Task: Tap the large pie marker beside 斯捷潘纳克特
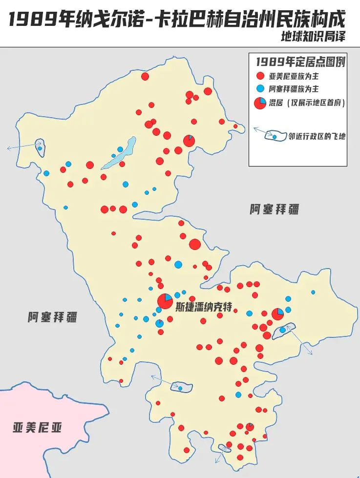point(165,301)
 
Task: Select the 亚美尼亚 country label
point(38,428)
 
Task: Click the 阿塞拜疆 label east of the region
point(274,210)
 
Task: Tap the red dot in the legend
point(260,76)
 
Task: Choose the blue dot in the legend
point(260,89)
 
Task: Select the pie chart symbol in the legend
point(260,103)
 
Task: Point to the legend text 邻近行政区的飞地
point(317,137)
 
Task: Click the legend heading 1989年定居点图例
point(300,62)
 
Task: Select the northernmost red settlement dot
point(145,76)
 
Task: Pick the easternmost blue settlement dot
point(313,292)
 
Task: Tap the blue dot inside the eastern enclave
point(283,330)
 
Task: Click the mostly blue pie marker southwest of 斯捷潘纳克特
point(159,323)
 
